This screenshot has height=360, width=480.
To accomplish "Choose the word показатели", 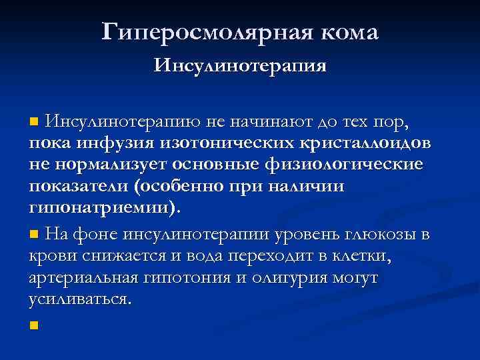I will [77, 186].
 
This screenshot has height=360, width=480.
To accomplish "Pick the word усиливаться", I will [79, 299].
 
